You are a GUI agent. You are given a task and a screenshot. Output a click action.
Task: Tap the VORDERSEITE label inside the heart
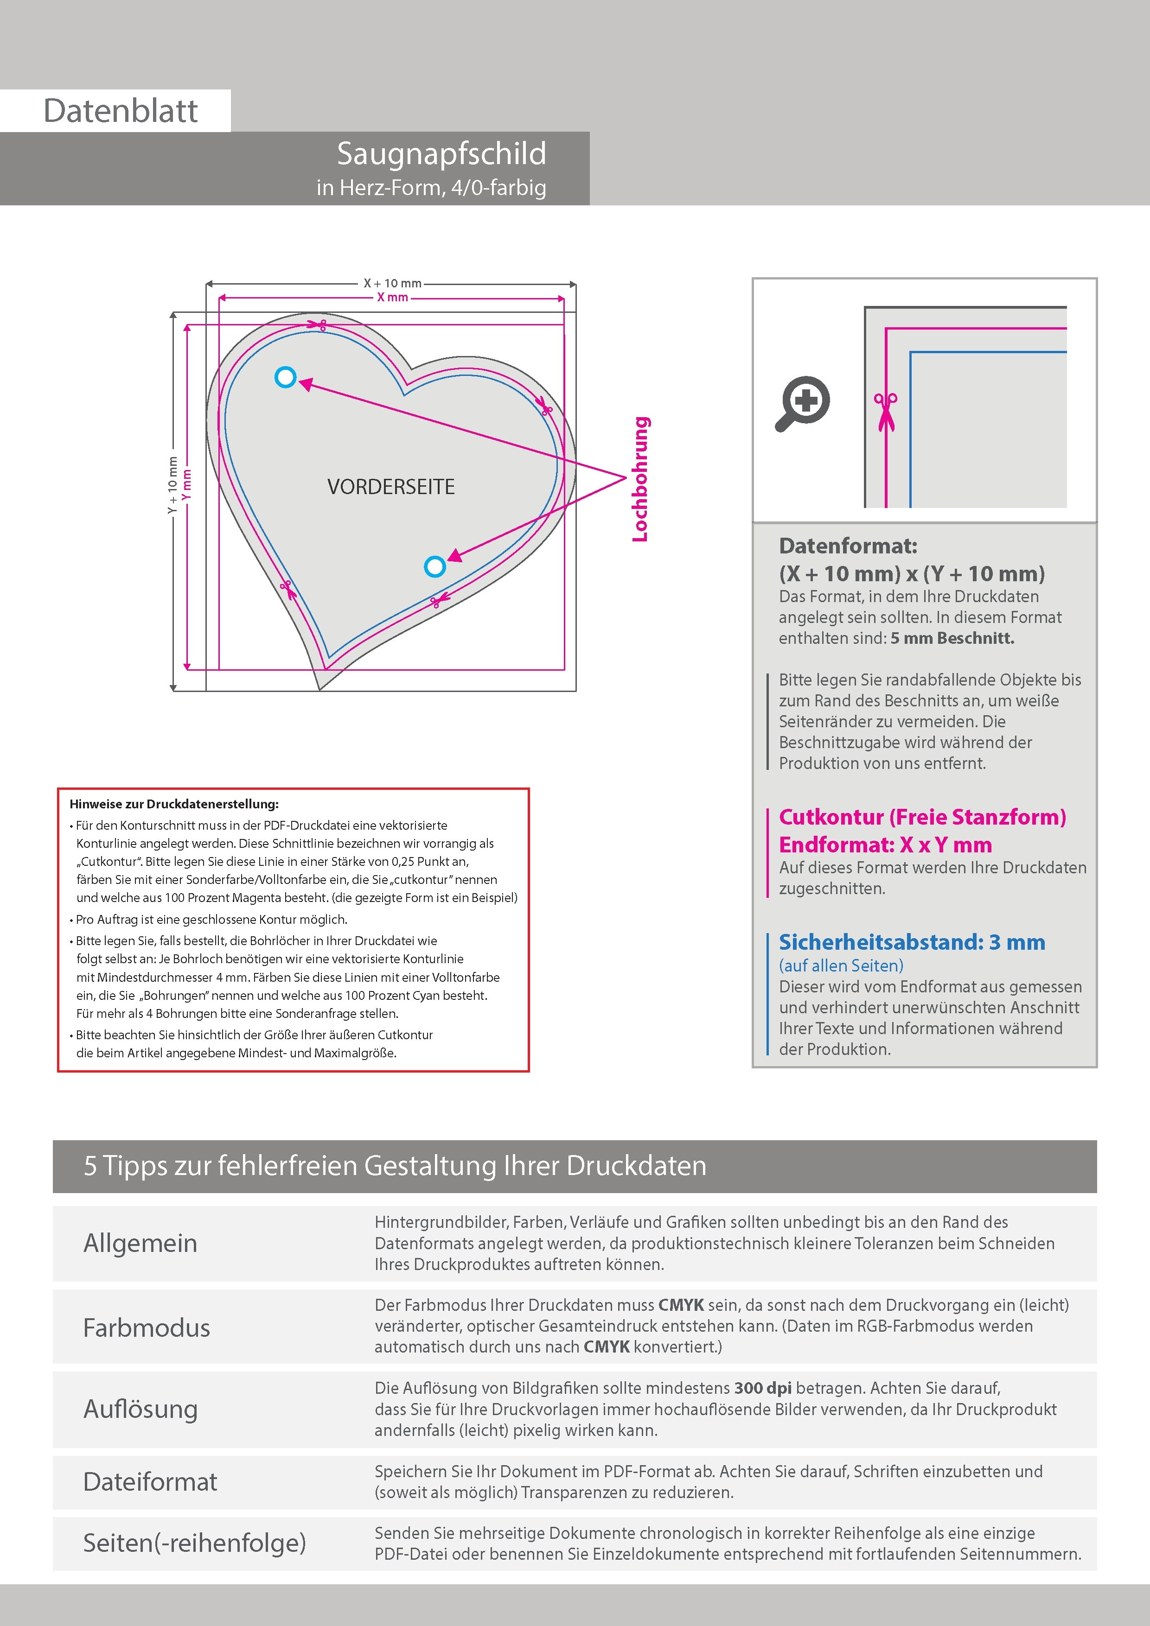(390, 487)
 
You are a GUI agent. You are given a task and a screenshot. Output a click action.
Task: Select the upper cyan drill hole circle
(286, 377)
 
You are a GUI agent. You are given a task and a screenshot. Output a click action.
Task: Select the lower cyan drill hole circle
(435, 566)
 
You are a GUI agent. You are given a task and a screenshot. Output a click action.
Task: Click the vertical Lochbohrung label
(640, 479)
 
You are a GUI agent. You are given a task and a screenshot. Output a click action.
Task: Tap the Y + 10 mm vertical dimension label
(172, 485)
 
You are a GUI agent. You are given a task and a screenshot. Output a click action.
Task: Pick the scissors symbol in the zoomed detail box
(885, 411)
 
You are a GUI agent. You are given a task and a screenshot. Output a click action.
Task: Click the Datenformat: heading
(848, 546)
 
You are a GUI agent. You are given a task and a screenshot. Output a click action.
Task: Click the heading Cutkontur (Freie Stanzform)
(922, 817)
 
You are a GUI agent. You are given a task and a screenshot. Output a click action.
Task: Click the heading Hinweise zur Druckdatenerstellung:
(173, 804)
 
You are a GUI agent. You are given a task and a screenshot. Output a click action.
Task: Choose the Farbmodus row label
(147, 1328)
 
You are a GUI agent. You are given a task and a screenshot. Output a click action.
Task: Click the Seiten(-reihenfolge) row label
(194, 1543)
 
